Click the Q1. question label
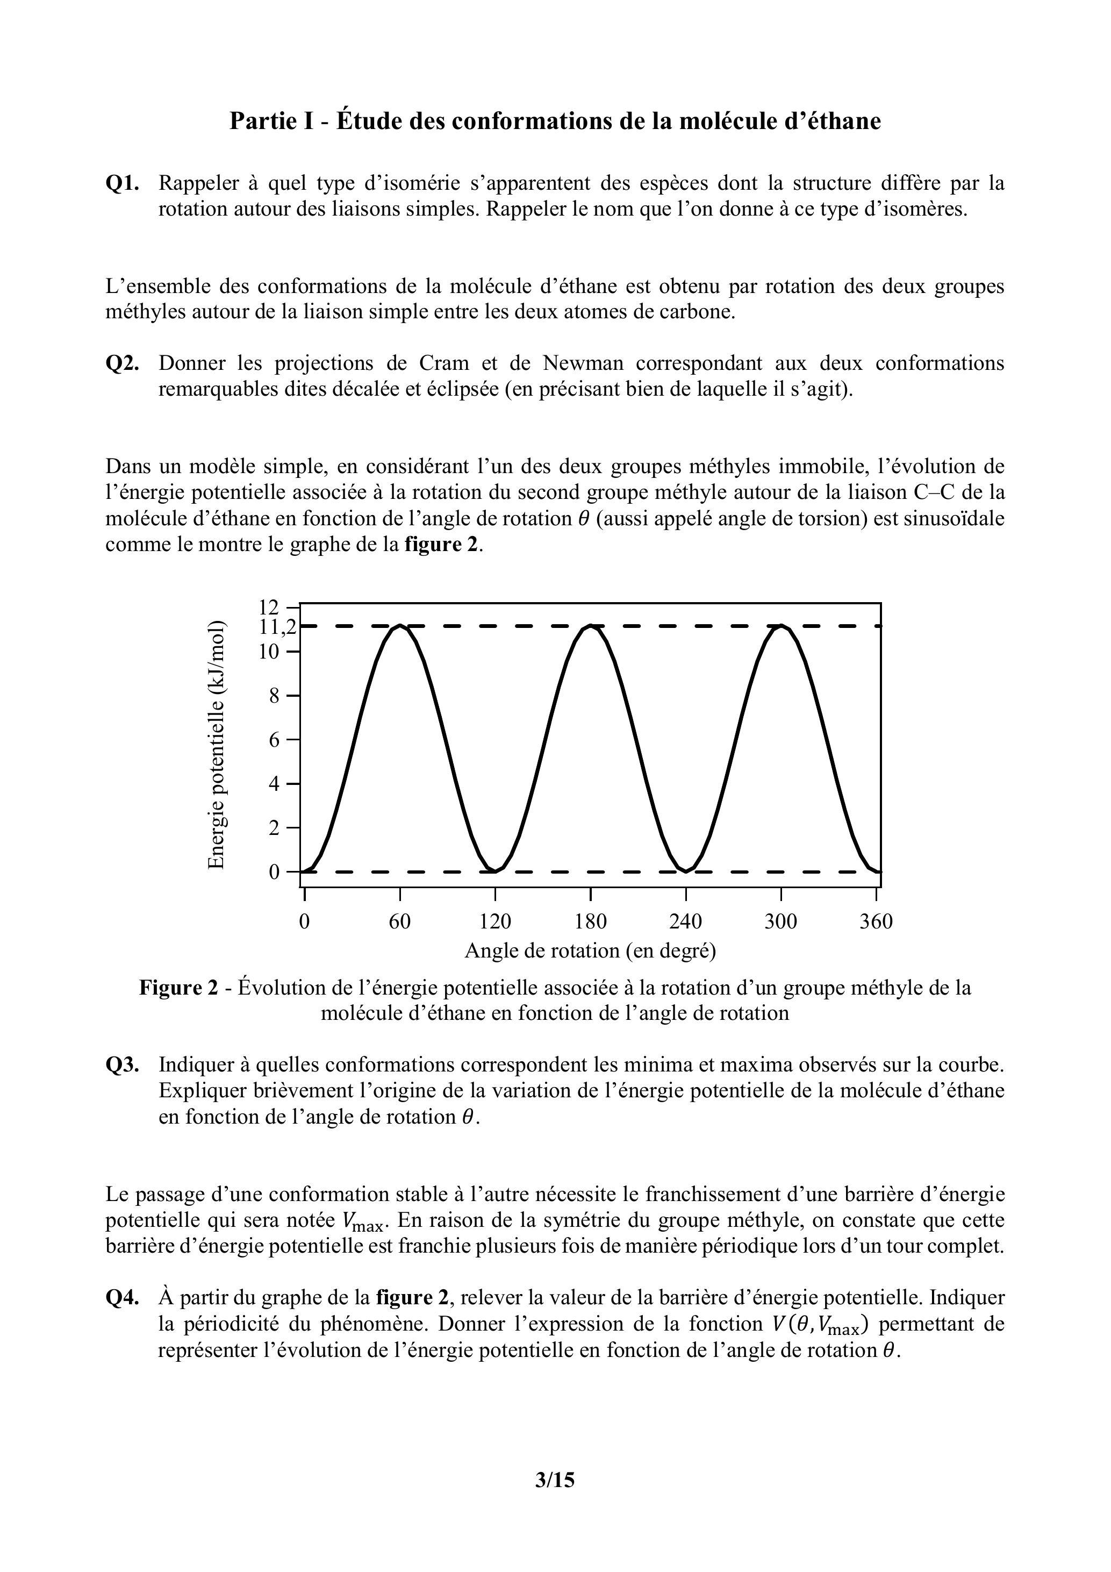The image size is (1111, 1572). [x=123, y=183]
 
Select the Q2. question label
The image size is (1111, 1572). [x=123, y=363]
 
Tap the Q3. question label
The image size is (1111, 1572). [x=123, y=1066]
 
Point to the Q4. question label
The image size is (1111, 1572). [x=123, y=1298]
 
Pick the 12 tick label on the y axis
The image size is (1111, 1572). [x=269, y=606]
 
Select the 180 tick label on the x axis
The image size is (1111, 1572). [x=590, y=921]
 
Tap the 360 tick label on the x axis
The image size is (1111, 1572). [x=876, y=921]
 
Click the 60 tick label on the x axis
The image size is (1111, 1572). [x=400, y=921]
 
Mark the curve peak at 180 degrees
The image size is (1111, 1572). [x=591, y=626]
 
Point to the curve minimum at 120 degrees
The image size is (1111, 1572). [x=494, y=871]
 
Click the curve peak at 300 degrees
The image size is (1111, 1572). [x=781, y=626]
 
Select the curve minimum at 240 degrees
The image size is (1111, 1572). [x=685, y=871]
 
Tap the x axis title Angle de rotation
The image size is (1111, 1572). [x=590, y=951]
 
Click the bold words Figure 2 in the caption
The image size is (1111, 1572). [x=178, y=988]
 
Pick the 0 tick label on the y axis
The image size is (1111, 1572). [x=275, y=872]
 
